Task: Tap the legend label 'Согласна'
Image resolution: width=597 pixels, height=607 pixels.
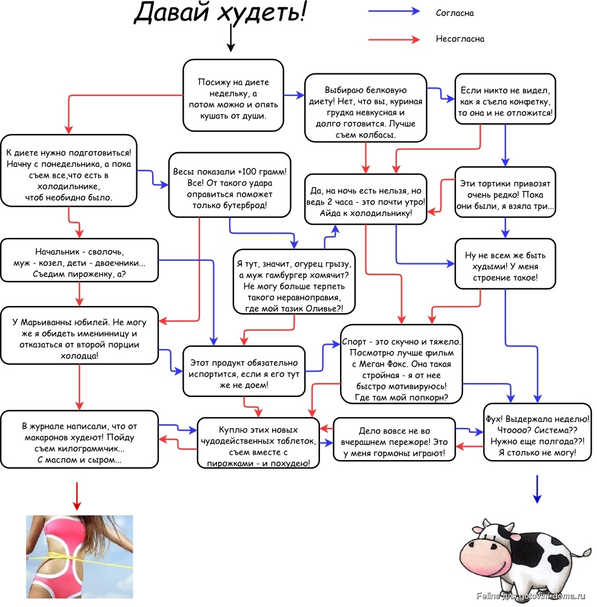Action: (x=455, y=13)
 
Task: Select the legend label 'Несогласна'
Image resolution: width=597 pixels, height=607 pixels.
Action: (x=460, y=39)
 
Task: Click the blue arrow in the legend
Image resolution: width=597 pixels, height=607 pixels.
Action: (x=394, y=11)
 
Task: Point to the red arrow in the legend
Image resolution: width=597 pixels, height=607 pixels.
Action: (x=394, y=39)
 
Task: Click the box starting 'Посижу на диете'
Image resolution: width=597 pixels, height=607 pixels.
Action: (x=233, y=95)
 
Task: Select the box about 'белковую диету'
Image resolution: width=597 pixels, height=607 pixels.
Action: (x=365, y=108)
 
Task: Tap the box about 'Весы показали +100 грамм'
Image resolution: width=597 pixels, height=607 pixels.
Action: (x=230, y=185)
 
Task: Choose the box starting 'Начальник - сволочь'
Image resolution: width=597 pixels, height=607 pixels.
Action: (x=79, y=260)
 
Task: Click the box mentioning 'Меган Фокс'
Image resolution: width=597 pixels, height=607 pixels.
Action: (x=401, y=364)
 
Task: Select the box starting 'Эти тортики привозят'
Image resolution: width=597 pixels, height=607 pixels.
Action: (x=505, y=192)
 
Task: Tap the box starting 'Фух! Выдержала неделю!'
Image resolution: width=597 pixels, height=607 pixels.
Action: (x=538, y=432)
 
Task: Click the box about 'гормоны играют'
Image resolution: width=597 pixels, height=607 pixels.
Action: (x=394, y=439)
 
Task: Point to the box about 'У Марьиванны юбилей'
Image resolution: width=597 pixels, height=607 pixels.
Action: (x=79, y=336)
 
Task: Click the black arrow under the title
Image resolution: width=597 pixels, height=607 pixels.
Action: (x=231, y=38)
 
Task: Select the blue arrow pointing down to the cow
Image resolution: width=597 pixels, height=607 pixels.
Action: (x=537, y=489)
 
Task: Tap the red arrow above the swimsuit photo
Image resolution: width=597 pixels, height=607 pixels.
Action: (x=77, y=496)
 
